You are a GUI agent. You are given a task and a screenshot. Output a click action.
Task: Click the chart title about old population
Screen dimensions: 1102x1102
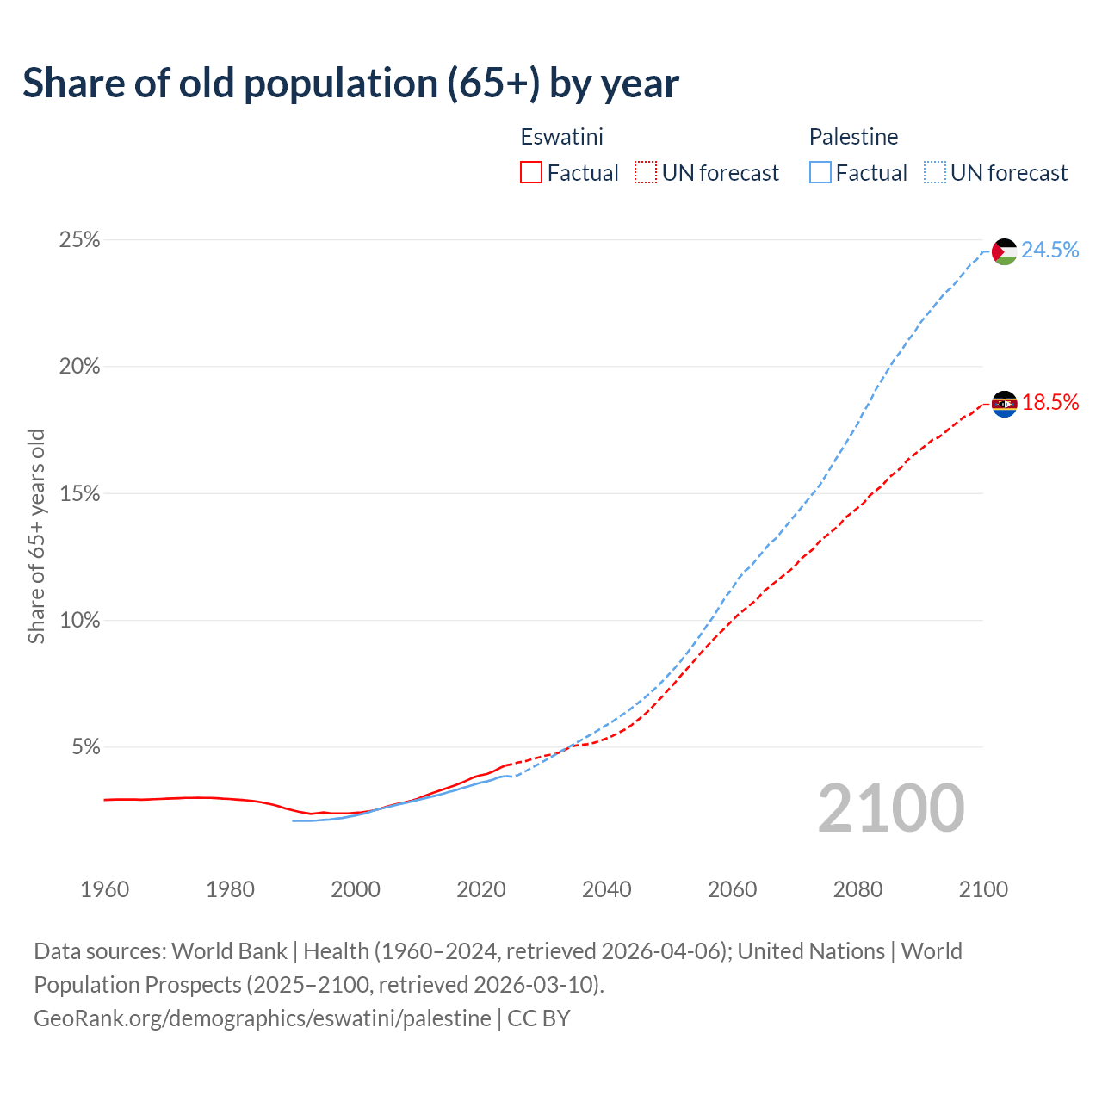coord(350,84)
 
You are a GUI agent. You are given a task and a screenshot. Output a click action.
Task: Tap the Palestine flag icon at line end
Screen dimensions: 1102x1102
coord(1005,251)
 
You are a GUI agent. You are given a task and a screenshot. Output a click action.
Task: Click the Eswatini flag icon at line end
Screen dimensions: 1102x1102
coord(1005,403)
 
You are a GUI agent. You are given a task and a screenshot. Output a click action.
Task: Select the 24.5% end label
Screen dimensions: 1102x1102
coord(1050,250)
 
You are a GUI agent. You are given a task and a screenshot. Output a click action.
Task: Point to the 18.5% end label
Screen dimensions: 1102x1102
coord(1050,402)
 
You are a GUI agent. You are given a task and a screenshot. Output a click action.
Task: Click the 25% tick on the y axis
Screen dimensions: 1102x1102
coord(79,240)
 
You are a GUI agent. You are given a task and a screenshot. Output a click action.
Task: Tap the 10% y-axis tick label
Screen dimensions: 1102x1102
coord(79,621)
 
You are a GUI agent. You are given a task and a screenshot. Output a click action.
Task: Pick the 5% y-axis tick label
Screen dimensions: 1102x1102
coord(84,747)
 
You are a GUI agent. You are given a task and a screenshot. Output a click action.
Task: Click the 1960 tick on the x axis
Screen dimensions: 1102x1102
coord(104,889)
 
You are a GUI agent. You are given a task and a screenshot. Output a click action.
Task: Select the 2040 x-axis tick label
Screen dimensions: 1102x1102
coord(607,889)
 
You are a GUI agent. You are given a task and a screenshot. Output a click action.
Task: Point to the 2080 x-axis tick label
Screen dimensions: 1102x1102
coord(857,889)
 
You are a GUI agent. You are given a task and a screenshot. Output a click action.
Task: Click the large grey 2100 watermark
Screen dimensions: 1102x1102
coord(891,808)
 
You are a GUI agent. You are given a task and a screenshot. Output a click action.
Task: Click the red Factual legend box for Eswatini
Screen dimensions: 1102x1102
coord(531,173)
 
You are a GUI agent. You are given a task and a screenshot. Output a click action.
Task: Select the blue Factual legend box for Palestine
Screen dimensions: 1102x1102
coord(820,173)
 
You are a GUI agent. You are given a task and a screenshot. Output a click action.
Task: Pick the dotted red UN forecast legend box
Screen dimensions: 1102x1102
coord(646,173)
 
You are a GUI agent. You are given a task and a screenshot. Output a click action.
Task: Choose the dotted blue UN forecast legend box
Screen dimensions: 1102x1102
coord(935,173)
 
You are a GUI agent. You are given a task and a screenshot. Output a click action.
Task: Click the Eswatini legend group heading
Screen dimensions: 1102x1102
coord(561,137)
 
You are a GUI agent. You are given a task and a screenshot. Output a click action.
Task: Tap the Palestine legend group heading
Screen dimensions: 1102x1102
coord(853,137)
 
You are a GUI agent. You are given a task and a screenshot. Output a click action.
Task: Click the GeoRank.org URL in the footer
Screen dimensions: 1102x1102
coord(263,1018)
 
